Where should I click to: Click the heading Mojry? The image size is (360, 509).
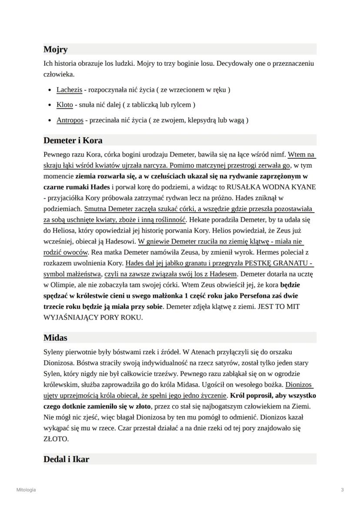coord(55,50)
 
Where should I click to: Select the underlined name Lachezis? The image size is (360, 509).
coord(69,90)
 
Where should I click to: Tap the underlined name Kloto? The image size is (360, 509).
coord(64,105)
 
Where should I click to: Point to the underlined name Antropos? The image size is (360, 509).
coord(70,120)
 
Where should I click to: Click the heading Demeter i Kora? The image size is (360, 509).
coord(73,140)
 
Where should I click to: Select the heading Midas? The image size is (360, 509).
coord(56,337)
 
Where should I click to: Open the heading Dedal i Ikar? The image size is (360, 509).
coord(66,459)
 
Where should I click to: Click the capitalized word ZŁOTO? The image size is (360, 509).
coord(56,439)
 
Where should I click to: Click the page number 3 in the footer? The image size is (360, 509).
coord(342,490)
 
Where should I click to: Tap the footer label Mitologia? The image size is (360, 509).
coord(26,490)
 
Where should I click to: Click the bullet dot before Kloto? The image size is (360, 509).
coord(50,105)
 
